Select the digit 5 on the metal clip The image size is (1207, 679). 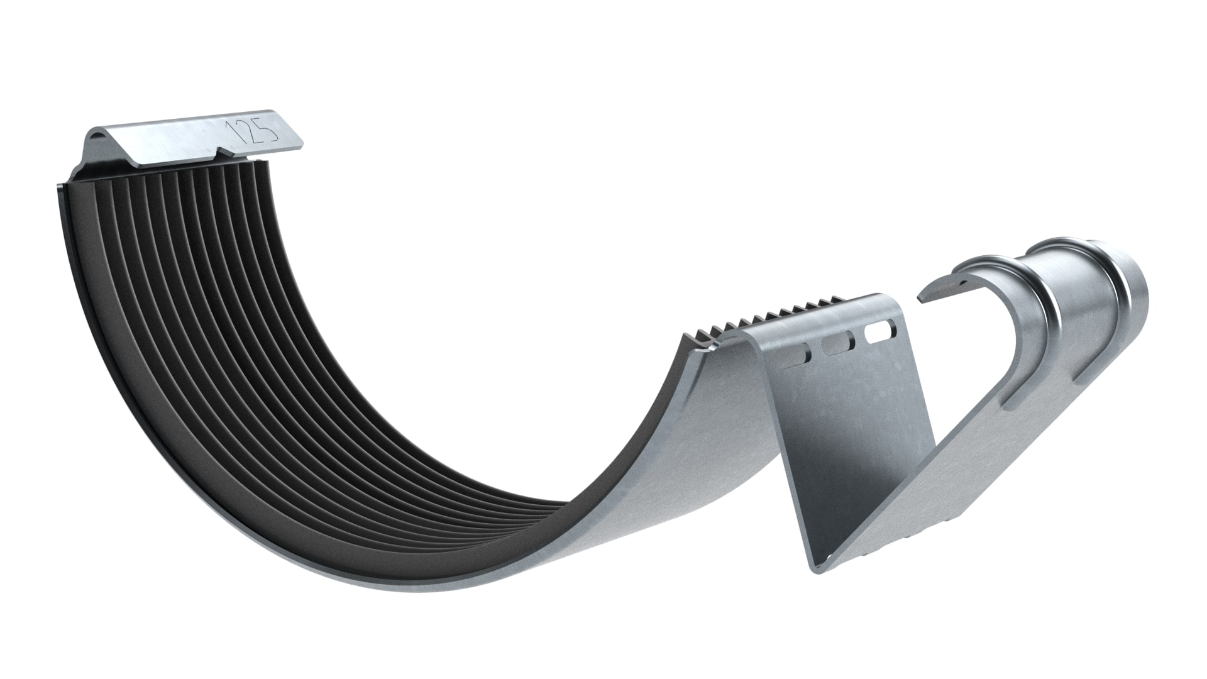(x=268, y=126)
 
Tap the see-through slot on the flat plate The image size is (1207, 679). (x=880, y=331)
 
